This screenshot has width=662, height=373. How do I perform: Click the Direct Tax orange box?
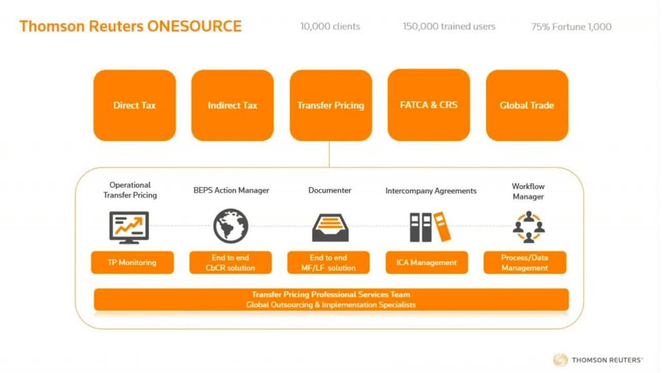135,106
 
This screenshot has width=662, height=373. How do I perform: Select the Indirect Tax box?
233,106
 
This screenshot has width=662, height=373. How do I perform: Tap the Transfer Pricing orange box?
330,106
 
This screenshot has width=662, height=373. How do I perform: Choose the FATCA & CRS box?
428,105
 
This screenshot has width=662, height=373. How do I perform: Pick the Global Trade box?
527,106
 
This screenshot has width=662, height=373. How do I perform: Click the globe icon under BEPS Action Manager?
231,226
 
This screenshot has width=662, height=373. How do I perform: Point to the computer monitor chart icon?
129,227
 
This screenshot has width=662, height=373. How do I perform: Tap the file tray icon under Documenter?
330,227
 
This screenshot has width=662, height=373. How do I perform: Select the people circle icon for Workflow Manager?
528,227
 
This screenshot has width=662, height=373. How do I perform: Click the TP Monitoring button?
132,262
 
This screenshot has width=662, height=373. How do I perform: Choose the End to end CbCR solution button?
230,263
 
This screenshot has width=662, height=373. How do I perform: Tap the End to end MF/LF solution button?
328,263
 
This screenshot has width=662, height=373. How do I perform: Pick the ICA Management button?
427,263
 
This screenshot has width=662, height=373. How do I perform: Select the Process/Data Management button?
525,263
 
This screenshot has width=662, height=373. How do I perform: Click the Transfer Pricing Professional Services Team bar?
331,299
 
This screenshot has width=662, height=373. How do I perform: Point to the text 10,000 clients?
330,26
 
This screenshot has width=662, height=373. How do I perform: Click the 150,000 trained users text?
449,26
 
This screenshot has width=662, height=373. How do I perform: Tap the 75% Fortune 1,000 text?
571,27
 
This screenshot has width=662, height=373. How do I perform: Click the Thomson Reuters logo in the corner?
598,360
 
